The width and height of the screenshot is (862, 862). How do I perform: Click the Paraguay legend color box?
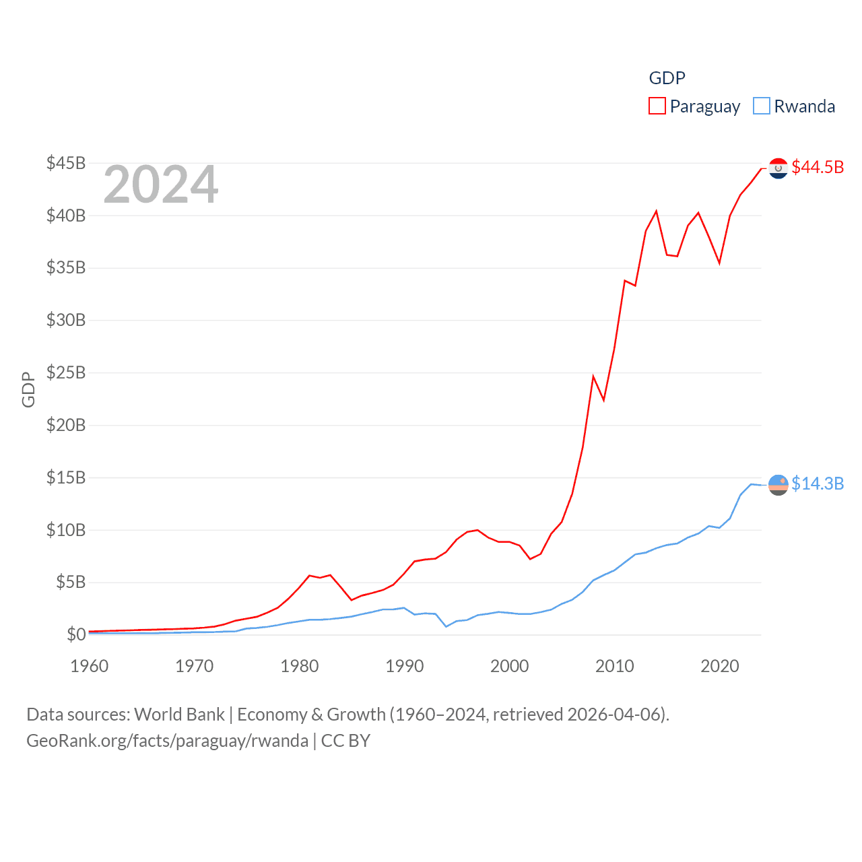(x=657, y=106)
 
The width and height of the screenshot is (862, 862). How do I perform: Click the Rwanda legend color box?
(x=761, y=106)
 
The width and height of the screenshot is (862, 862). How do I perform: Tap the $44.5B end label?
(x=818, y=167)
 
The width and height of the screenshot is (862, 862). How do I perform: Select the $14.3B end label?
(x=818, y=484)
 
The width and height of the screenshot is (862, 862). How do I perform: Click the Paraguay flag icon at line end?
(x=778, y=168)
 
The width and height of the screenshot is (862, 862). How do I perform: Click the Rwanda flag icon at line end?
(x=778, y=484)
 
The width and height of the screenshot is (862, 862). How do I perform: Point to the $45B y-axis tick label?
(x=66, y=163)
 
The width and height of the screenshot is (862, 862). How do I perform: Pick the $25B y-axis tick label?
(x=66, y=372)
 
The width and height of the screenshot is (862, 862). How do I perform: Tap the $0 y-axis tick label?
(x=76, y=634)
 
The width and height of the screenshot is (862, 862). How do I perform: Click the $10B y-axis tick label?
(x=66, y=530)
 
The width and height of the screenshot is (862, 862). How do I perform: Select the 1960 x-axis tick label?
(x=90, y=666)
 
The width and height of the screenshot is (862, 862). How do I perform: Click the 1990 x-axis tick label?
(x=405, y=666)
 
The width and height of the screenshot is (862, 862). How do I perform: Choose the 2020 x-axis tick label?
(x=720, y=666)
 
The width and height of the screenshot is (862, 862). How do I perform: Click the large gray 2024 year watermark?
(x=161, y=185)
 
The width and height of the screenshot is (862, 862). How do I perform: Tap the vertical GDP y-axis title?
(x=28, y=389)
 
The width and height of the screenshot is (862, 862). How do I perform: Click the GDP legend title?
(x=667, y=78)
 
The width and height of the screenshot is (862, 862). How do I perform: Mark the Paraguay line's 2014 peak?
(x=656, y=211)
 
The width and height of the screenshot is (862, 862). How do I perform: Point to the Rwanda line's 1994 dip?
(x=446, y=626)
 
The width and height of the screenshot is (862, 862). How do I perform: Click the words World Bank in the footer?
(x=180, y=714)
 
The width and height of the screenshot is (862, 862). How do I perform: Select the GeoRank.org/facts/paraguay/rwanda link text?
(x=167, y=741)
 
